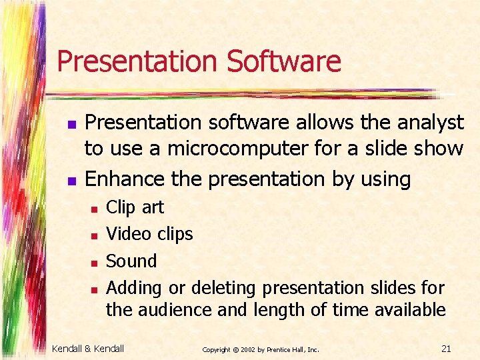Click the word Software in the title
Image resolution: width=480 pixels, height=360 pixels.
[284, 61]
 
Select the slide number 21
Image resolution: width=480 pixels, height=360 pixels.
[447, 349]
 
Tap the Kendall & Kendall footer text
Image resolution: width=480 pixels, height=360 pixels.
[88, 349]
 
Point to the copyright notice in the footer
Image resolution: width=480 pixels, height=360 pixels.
[261, 349]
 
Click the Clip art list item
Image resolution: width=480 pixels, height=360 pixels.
[135, 207]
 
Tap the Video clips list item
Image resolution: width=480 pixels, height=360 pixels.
[149, 234]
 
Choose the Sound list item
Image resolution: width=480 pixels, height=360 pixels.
[131, 261]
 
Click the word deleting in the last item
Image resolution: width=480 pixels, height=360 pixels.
[223, 288]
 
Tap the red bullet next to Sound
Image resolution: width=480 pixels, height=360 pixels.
[94, 262]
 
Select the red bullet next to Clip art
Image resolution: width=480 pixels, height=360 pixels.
[94, 209]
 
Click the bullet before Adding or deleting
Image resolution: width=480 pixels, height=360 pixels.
[94, 289]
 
